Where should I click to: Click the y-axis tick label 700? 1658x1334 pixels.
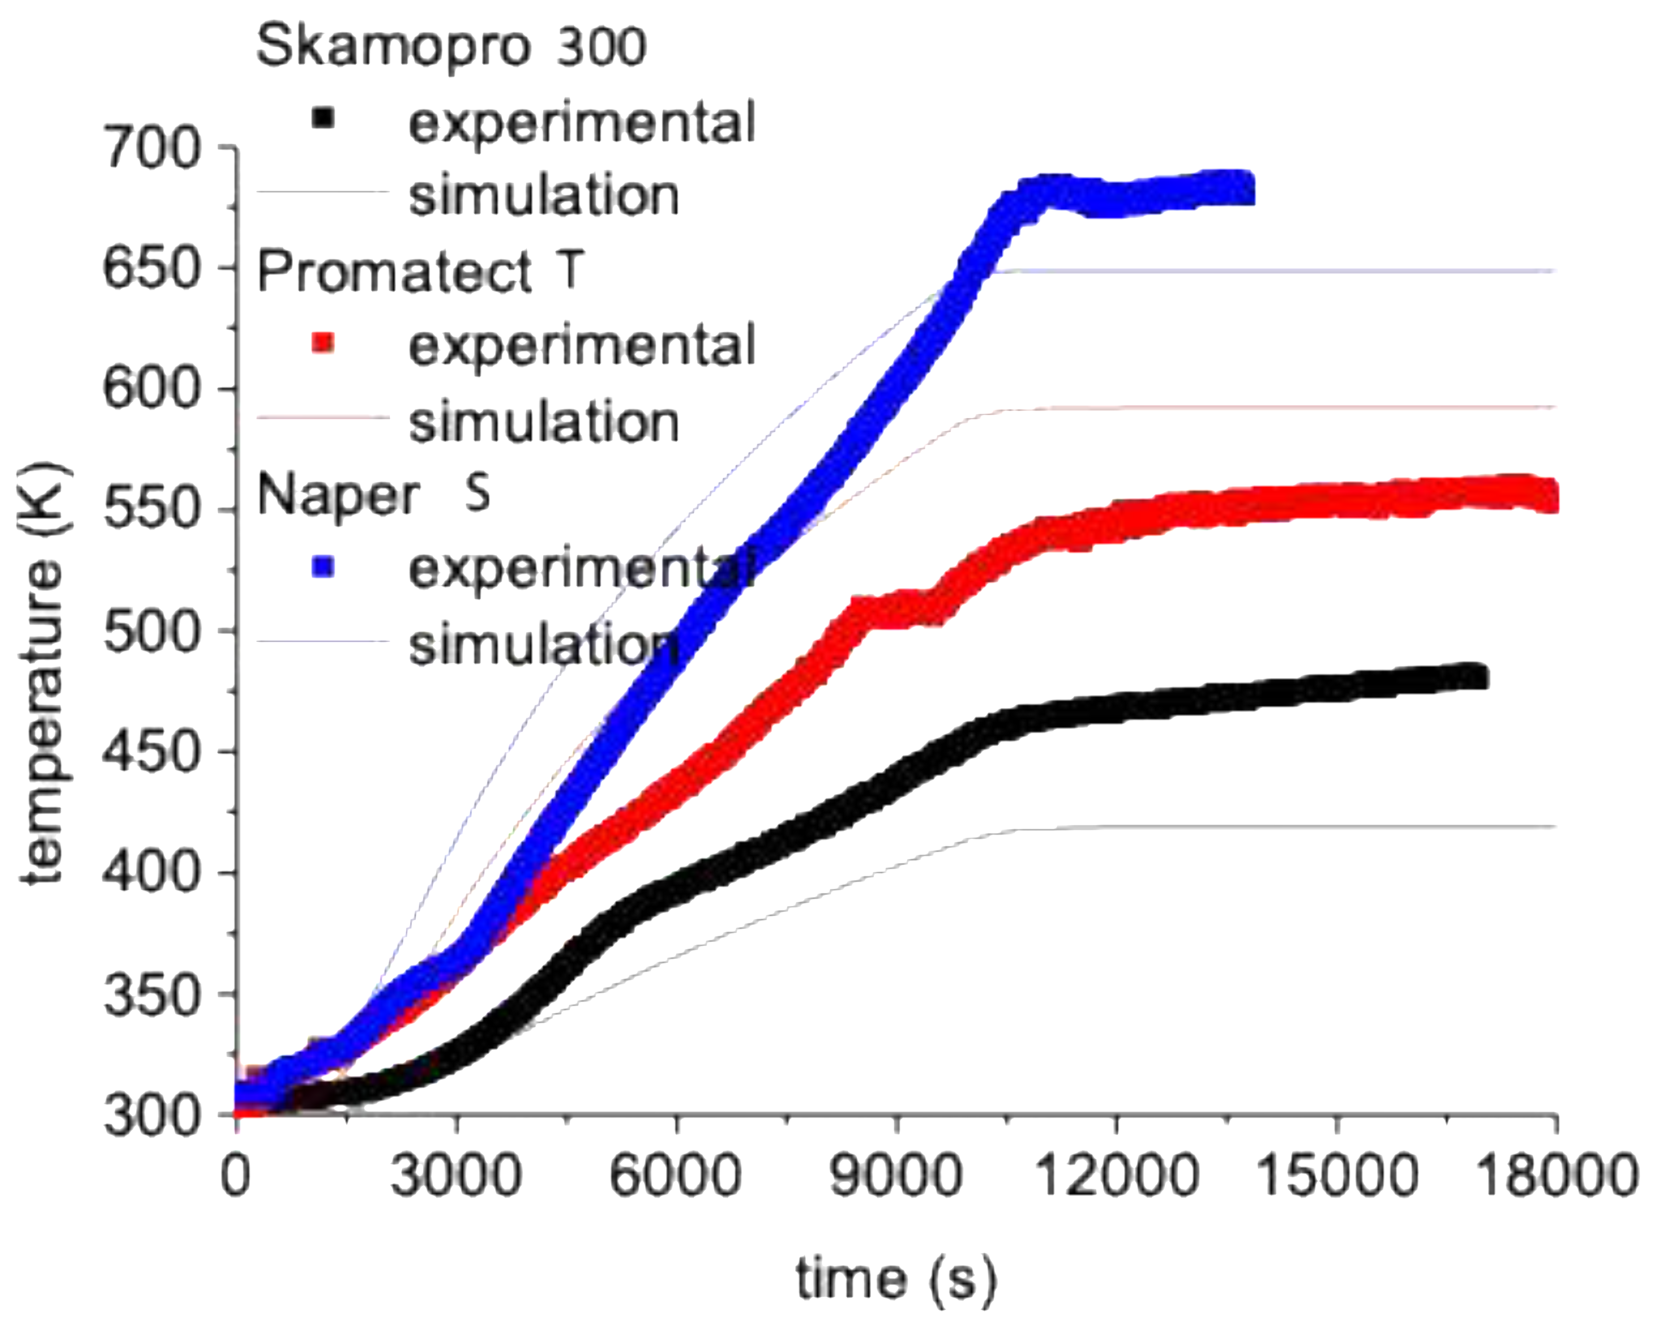(151, 148)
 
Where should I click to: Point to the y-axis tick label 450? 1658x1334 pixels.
(151, 752)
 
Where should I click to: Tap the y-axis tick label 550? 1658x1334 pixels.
(151, 511)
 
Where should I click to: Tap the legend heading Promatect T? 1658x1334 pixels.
(420, 272)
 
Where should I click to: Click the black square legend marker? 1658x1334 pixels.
(323, 119)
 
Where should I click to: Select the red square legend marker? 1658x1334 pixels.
(323, 342)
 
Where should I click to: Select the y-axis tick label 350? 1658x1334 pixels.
(151, 995)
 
